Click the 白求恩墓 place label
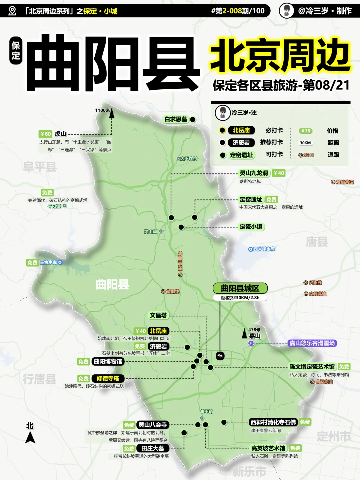(x=176, y=119)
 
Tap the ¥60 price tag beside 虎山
(x=45, y=134)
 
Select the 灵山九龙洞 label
(x=254, y=173)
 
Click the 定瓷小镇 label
(x=251, y=227)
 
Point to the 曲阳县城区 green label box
(x=240, y=288)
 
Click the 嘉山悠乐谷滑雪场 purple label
(x=312, y=343)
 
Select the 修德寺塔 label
(x=108, y=378)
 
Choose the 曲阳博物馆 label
(x=108, y=361)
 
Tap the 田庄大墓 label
(x=152, y=448)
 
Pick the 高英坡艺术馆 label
(x=268, y=448)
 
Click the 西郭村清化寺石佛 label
(x=273, y=422)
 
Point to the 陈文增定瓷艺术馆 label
(x=312, y=367)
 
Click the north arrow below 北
(x=30, y=437)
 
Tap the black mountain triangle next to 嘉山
(x=244, y=334)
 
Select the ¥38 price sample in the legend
(x=305, y=131)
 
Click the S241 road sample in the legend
(x=306, y=155)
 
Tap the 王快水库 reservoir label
(x=49, y=262)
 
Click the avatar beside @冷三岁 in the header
(x=286, y=11)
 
